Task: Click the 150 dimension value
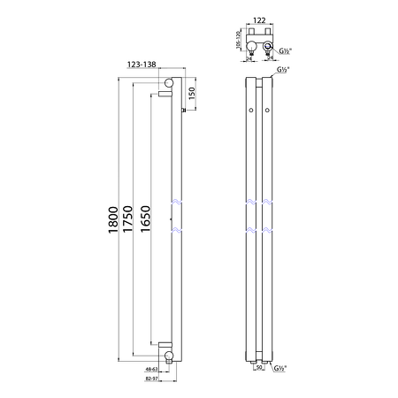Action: (x=193, y=93)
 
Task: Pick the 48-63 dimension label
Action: (x=151, y=368)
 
